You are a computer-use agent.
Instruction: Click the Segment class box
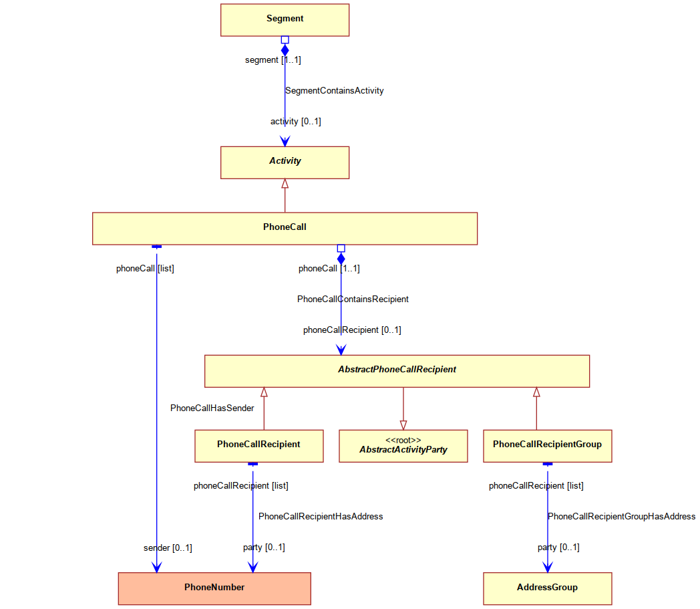285,20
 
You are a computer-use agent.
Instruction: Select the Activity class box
285,162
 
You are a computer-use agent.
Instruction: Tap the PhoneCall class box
285,229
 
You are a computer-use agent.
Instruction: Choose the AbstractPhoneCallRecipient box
397,371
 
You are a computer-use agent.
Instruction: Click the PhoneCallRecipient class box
259,446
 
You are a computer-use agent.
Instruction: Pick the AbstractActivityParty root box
403,446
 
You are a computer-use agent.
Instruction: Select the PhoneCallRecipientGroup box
547,446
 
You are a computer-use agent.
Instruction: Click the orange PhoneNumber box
214,588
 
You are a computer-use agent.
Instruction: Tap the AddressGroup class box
547,588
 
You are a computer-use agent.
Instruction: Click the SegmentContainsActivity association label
335,91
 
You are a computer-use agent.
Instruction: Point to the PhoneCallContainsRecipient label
353,299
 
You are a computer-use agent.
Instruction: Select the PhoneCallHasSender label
212,408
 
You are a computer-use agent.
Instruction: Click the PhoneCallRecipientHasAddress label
321,517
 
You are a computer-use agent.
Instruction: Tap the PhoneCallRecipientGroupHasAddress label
621,517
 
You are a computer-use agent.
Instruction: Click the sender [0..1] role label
168,547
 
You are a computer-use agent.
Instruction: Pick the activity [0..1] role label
295,122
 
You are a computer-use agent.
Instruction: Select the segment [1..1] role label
273,60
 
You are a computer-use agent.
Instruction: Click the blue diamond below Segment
285,50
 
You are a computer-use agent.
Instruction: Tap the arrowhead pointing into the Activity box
285,141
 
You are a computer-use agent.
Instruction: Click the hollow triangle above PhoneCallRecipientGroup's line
536,392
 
